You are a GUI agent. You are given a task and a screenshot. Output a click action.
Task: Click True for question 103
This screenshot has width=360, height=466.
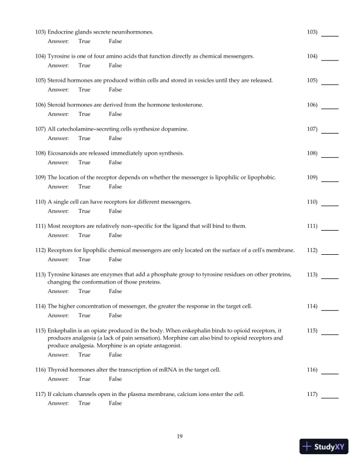84,41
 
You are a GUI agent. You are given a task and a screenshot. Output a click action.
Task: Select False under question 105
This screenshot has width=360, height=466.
115,90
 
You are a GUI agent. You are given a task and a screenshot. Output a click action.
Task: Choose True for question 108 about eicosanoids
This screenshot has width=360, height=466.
84,162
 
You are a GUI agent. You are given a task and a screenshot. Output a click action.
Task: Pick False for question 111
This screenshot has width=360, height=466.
115,235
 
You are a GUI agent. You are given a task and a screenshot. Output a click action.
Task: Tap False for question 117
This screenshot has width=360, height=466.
115,403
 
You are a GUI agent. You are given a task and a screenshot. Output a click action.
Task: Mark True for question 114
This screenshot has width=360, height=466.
84,315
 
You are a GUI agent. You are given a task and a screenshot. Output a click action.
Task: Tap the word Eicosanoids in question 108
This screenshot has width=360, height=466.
62,153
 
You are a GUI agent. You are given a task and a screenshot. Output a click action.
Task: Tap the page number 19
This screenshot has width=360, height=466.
180,436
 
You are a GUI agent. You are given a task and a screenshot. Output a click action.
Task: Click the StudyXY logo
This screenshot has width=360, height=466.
324,447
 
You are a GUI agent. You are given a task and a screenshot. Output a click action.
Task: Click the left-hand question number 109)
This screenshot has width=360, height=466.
41,177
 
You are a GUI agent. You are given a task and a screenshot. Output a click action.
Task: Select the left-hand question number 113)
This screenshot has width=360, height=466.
41,274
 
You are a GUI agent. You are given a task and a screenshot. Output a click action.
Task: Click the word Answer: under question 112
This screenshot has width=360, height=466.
58,259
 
